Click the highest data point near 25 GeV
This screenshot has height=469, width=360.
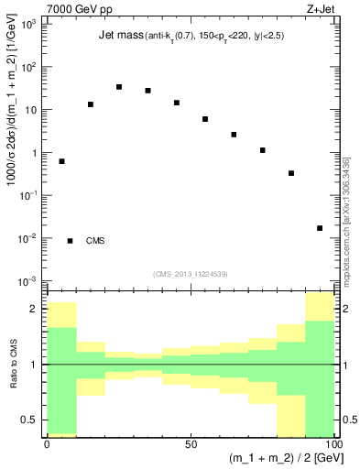coord(119,87)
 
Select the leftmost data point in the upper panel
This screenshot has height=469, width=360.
coord(61,161)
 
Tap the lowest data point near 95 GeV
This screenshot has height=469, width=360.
coord(320,228)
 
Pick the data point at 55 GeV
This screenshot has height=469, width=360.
coord(205,119)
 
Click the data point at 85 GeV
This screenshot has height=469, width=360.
coord(291,173)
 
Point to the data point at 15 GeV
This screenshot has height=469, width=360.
coord(91,104)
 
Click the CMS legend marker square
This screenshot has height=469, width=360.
coord(71,241)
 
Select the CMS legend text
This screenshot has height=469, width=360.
coord(95,241)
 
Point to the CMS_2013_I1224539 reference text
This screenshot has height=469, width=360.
coord(191,274)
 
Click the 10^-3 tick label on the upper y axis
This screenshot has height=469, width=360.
coord(29,280)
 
